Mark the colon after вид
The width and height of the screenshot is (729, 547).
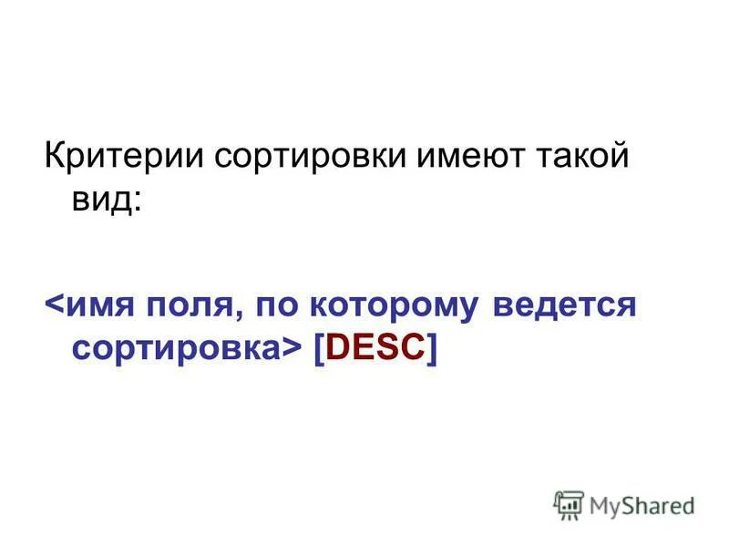(x=137, y=199)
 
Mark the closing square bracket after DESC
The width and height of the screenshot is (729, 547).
(x=431, y=348)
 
